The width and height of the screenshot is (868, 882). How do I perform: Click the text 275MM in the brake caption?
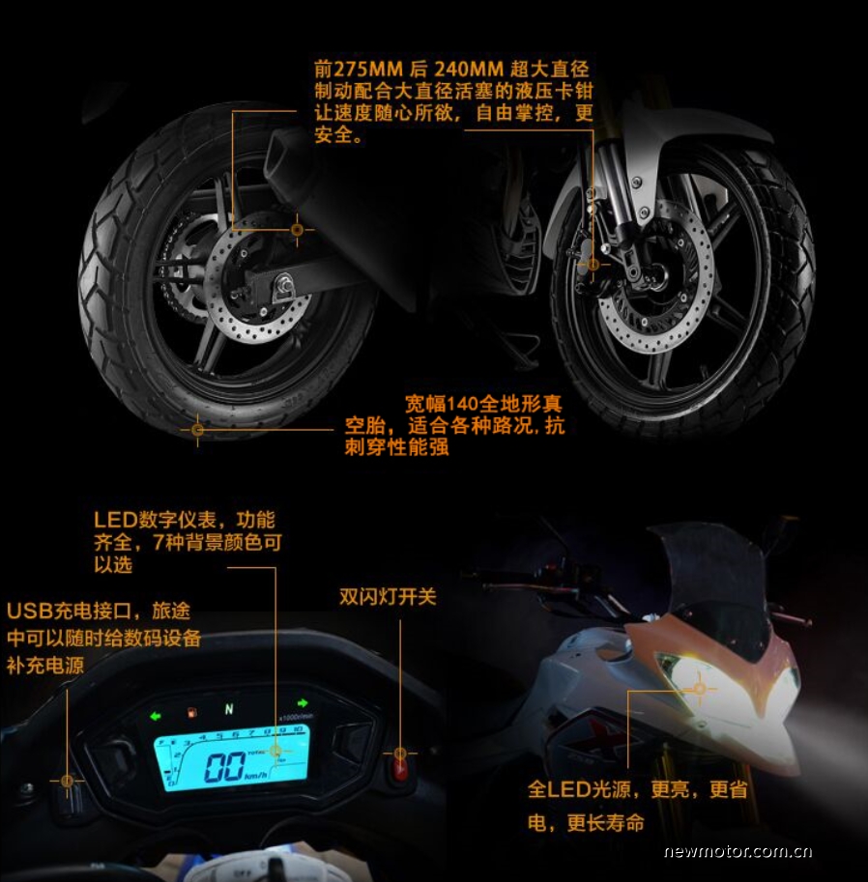(x=368, y=70)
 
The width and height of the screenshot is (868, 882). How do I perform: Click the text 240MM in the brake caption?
(x=469, y=70)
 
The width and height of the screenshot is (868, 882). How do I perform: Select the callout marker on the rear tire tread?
(x=197, y=430)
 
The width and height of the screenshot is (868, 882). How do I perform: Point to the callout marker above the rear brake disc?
(x=297, y=230)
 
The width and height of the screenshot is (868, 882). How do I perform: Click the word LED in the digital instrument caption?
(x=115, y=520)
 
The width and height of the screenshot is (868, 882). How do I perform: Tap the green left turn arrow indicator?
(x=156, y=716)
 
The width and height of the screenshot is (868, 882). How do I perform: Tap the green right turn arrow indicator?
(x=303, y=702)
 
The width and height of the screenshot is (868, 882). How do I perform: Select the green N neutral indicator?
(x=229, y=709)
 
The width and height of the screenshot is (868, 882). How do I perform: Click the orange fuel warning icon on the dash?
(x=192, y=713)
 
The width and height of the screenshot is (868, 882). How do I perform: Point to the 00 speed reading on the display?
(x=224, y=767)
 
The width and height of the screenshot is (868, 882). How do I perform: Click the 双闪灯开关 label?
(x=388, y=597)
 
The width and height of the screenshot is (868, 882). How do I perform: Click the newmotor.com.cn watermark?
(x=738, y=851)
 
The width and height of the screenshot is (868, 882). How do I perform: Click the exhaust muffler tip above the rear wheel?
(x=279, y=153)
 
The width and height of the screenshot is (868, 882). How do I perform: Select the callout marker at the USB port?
(x=67, y=781)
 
